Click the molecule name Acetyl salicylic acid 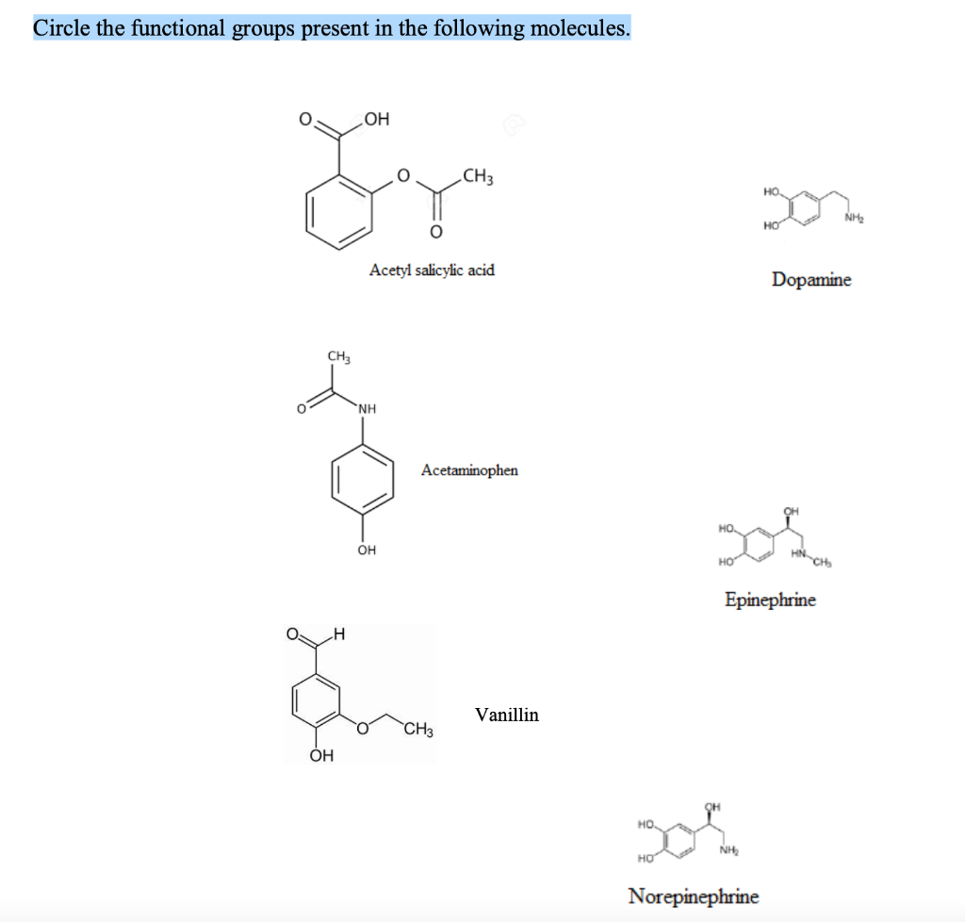tap(432, 271)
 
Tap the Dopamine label tap(810, 279)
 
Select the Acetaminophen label tap(469, 469)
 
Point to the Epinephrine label tap(770, 599)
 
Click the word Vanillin tap(507, 715)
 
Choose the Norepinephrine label tap(693, 896)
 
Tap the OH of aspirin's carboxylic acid tap(376, 119)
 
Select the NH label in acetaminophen tap(367, 409)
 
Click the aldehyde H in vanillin tap(338, 634)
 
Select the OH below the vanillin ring tap(321, 755)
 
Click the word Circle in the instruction tap(62, 28)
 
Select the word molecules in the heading tap(578, 28)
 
